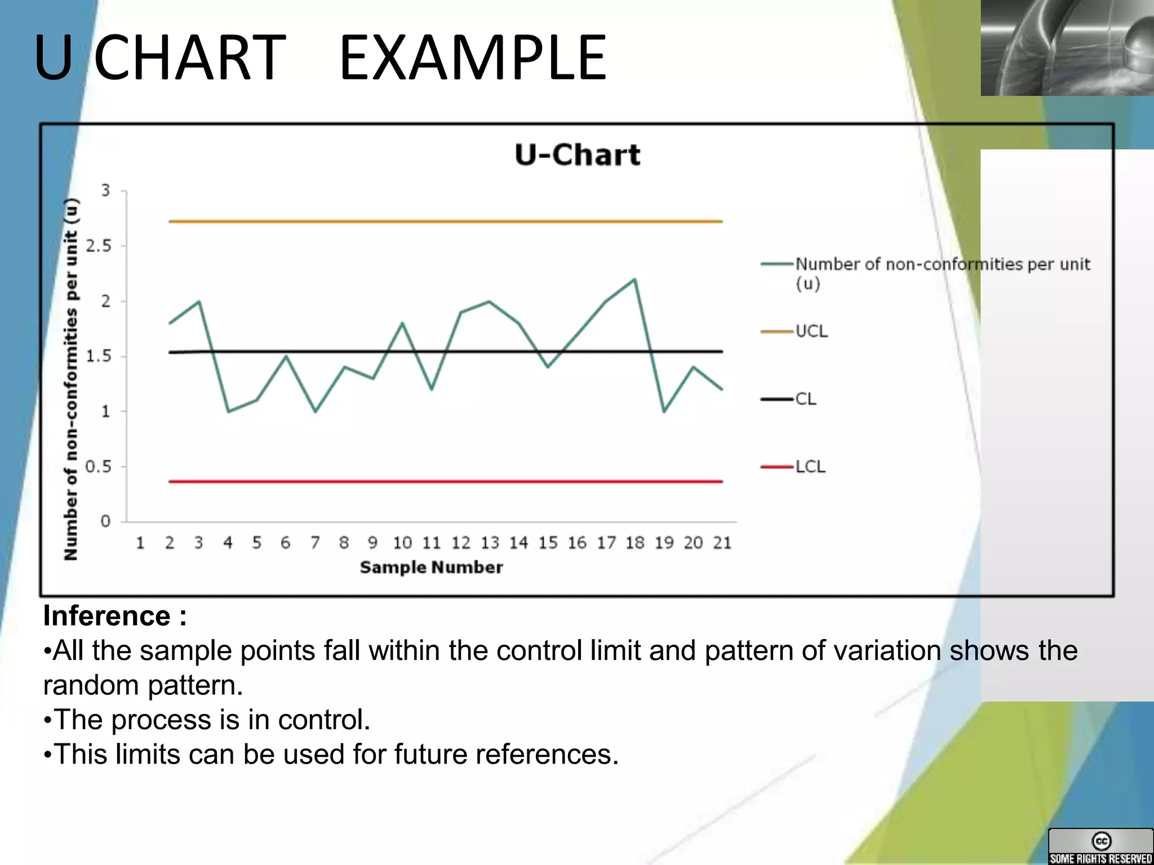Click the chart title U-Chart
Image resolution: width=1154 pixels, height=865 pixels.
point(577,155)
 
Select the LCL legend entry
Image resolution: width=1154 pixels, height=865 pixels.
point(809,467)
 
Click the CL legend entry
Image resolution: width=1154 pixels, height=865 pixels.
point(805,399)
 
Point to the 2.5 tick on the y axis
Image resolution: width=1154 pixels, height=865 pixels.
point(99,246)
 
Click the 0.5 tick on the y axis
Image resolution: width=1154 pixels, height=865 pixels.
point(99,467)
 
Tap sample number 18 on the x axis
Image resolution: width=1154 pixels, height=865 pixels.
point(635,543)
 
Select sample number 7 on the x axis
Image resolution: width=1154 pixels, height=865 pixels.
point(315,543)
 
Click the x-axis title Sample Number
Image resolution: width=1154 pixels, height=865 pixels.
point(431,567)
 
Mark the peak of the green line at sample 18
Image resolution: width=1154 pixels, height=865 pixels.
point(635,279)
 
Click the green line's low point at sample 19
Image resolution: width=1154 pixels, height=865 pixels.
point(664,412)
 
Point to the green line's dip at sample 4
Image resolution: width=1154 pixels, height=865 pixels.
point(228,412)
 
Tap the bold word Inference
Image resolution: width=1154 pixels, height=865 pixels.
point(107,616)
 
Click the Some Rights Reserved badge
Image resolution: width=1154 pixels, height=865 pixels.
point(1100,846)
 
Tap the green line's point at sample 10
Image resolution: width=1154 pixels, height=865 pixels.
point(402,323)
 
